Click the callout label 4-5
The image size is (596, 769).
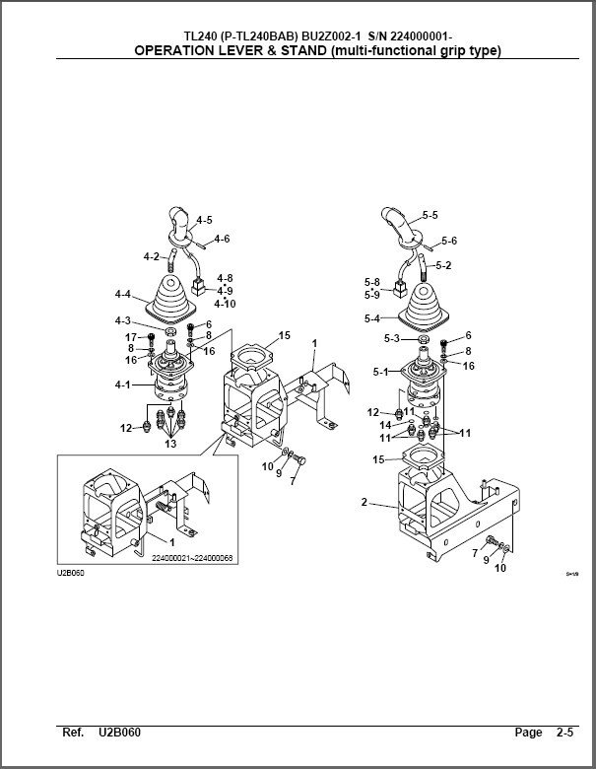(x=204, y=219)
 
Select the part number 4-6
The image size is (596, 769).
(x=222, y=239)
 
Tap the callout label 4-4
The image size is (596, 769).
(x=122, y=294)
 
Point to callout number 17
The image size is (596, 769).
(x=130, y=338)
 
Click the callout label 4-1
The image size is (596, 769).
(x=122, y=384)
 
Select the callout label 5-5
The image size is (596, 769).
(x=430, y=215)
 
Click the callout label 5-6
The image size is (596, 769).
(x=449, y=241)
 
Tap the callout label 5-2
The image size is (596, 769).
(x=443, y=265)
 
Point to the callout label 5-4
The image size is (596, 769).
(x=373, y=318)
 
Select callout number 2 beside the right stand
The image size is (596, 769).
(x=364, y=502)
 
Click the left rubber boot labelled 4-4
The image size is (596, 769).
(x=169, y=298)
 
